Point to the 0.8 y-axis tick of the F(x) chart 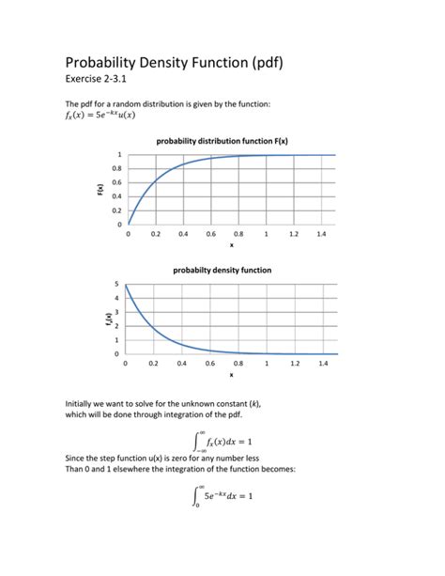point(117,168)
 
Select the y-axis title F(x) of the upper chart point(100,190)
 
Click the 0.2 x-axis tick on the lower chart point(156,363)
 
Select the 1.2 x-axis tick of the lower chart point(295,363)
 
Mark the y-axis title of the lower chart point(109,319)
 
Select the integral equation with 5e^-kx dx point(222,495)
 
